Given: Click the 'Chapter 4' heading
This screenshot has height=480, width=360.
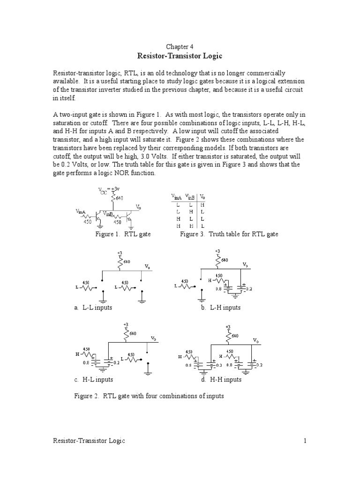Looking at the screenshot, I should click(x=180, y=46).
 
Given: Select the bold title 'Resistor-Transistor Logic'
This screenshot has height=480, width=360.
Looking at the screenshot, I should click(x=180, y=56).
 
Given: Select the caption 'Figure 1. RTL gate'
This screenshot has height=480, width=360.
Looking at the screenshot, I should click(x=123, y=234).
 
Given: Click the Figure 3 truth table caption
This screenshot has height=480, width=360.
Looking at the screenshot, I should click(x=229, y=234).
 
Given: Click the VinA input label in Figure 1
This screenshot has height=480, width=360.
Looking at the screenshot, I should click(x=81, y=212).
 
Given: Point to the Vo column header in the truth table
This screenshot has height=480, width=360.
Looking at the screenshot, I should click(x=202, y=197).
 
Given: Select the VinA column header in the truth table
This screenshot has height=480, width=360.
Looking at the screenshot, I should click(x=177, y=197).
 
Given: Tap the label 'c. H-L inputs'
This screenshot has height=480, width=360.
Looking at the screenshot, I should click(x=93, y=379).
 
